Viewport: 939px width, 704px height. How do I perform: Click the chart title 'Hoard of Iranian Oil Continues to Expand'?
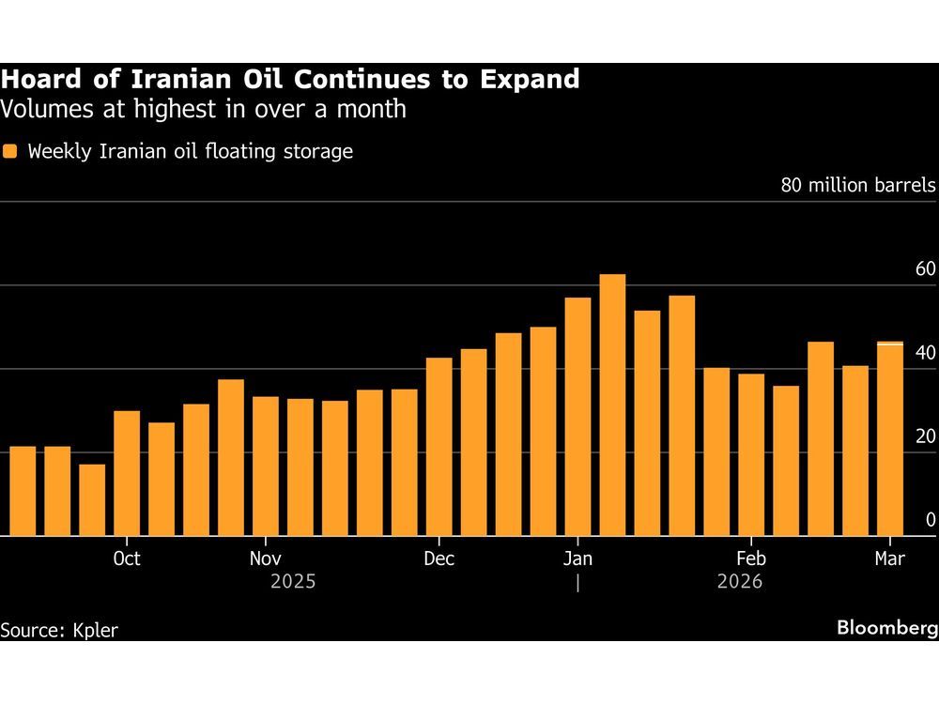tap(290, 80)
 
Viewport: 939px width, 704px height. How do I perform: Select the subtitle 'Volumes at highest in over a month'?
tap(203, 109)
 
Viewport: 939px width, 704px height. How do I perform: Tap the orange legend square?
tap(10, 151)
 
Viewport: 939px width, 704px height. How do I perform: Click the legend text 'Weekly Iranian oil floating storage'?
tap(191, 151)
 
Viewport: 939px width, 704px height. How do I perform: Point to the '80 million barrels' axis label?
tap(858, 184)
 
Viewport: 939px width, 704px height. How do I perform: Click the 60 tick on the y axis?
tap(925, 270)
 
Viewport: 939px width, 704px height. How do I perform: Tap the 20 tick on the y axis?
tap(925, 436)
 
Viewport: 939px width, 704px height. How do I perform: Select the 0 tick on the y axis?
tap(930, 519)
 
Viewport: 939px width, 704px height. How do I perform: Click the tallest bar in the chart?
tap(612, 405)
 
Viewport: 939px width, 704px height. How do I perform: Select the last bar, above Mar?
tap(890, 438)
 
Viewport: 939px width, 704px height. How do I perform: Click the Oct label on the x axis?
tap(126, 559)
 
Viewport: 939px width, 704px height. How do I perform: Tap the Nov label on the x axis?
tap(266, 559)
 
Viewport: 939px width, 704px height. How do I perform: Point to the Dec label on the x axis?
tap(439, 559)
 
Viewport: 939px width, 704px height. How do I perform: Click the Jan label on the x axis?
tap(577, 559)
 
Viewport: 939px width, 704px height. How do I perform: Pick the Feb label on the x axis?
tap(751, 559)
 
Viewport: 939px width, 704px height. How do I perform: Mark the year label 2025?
tap(293, 582)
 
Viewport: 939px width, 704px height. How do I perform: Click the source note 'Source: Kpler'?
tap(59, 630)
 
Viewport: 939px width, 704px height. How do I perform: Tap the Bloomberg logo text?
tap(886, 628)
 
